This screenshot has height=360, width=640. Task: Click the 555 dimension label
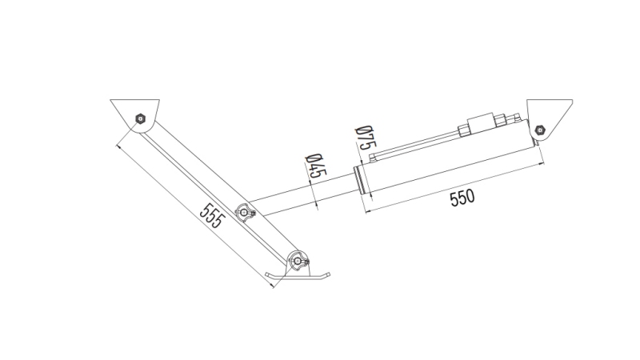click(211, 216)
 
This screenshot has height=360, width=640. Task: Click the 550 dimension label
click(462, 198)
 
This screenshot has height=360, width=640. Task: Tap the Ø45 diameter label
click(314, 166)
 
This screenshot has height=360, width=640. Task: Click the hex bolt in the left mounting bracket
click(140, 119)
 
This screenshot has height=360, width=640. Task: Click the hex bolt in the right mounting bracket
click(538, 127)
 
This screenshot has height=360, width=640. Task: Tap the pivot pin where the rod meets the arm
click(245, 212)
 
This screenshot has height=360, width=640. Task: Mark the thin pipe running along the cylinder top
click(416, 146)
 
